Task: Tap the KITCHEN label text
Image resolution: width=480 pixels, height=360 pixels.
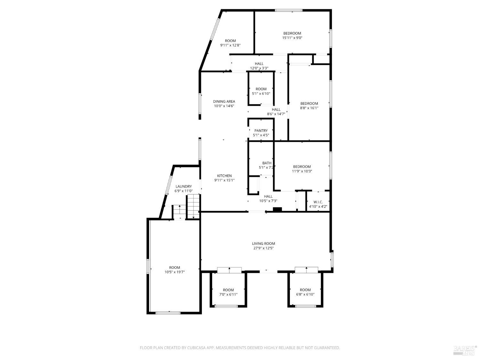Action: pos(224,176)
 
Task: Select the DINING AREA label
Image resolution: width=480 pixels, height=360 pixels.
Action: pos(224,101)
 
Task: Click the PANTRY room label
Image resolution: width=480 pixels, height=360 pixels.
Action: pos(261,131)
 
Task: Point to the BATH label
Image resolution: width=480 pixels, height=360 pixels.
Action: pos(267,163)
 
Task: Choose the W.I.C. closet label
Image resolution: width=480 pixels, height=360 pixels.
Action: pos(318,202)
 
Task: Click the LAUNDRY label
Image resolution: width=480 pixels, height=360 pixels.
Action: pos(184,187)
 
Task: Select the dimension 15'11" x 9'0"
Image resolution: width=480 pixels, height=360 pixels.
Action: pos(292,38)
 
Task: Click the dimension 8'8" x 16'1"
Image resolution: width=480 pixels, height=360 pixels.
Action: pos(309,108)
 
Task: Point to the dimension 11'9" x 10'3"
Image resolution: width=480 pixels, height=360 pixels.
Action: pos(302,171)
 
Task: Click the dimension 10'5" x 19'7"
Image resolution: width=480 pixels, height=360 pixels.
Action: pos(174,272)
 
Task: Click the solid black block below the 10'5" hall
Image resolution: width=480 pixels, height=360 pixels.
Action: pos(277,210)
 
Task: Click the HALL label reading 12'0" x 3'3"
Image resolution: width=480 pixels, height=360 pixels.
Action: pos(259,64)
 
